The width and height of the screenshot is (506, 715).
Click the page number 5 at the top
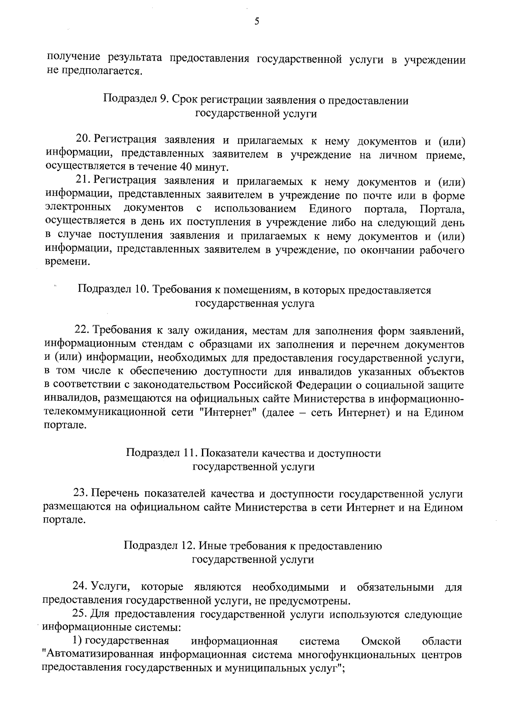click(256, 22)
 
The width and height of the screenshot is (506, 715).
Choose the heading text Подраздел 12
click(158, 546)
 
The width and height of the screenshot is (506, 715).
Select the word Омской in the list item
click(381, 641)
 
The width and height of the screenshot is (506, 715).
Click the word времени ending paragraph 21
click(67, 262)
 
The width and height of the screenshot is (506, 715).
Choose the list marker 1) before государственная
click(76, 641)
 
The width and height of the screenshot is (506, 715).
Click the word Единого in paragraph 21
click(330, 209)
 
